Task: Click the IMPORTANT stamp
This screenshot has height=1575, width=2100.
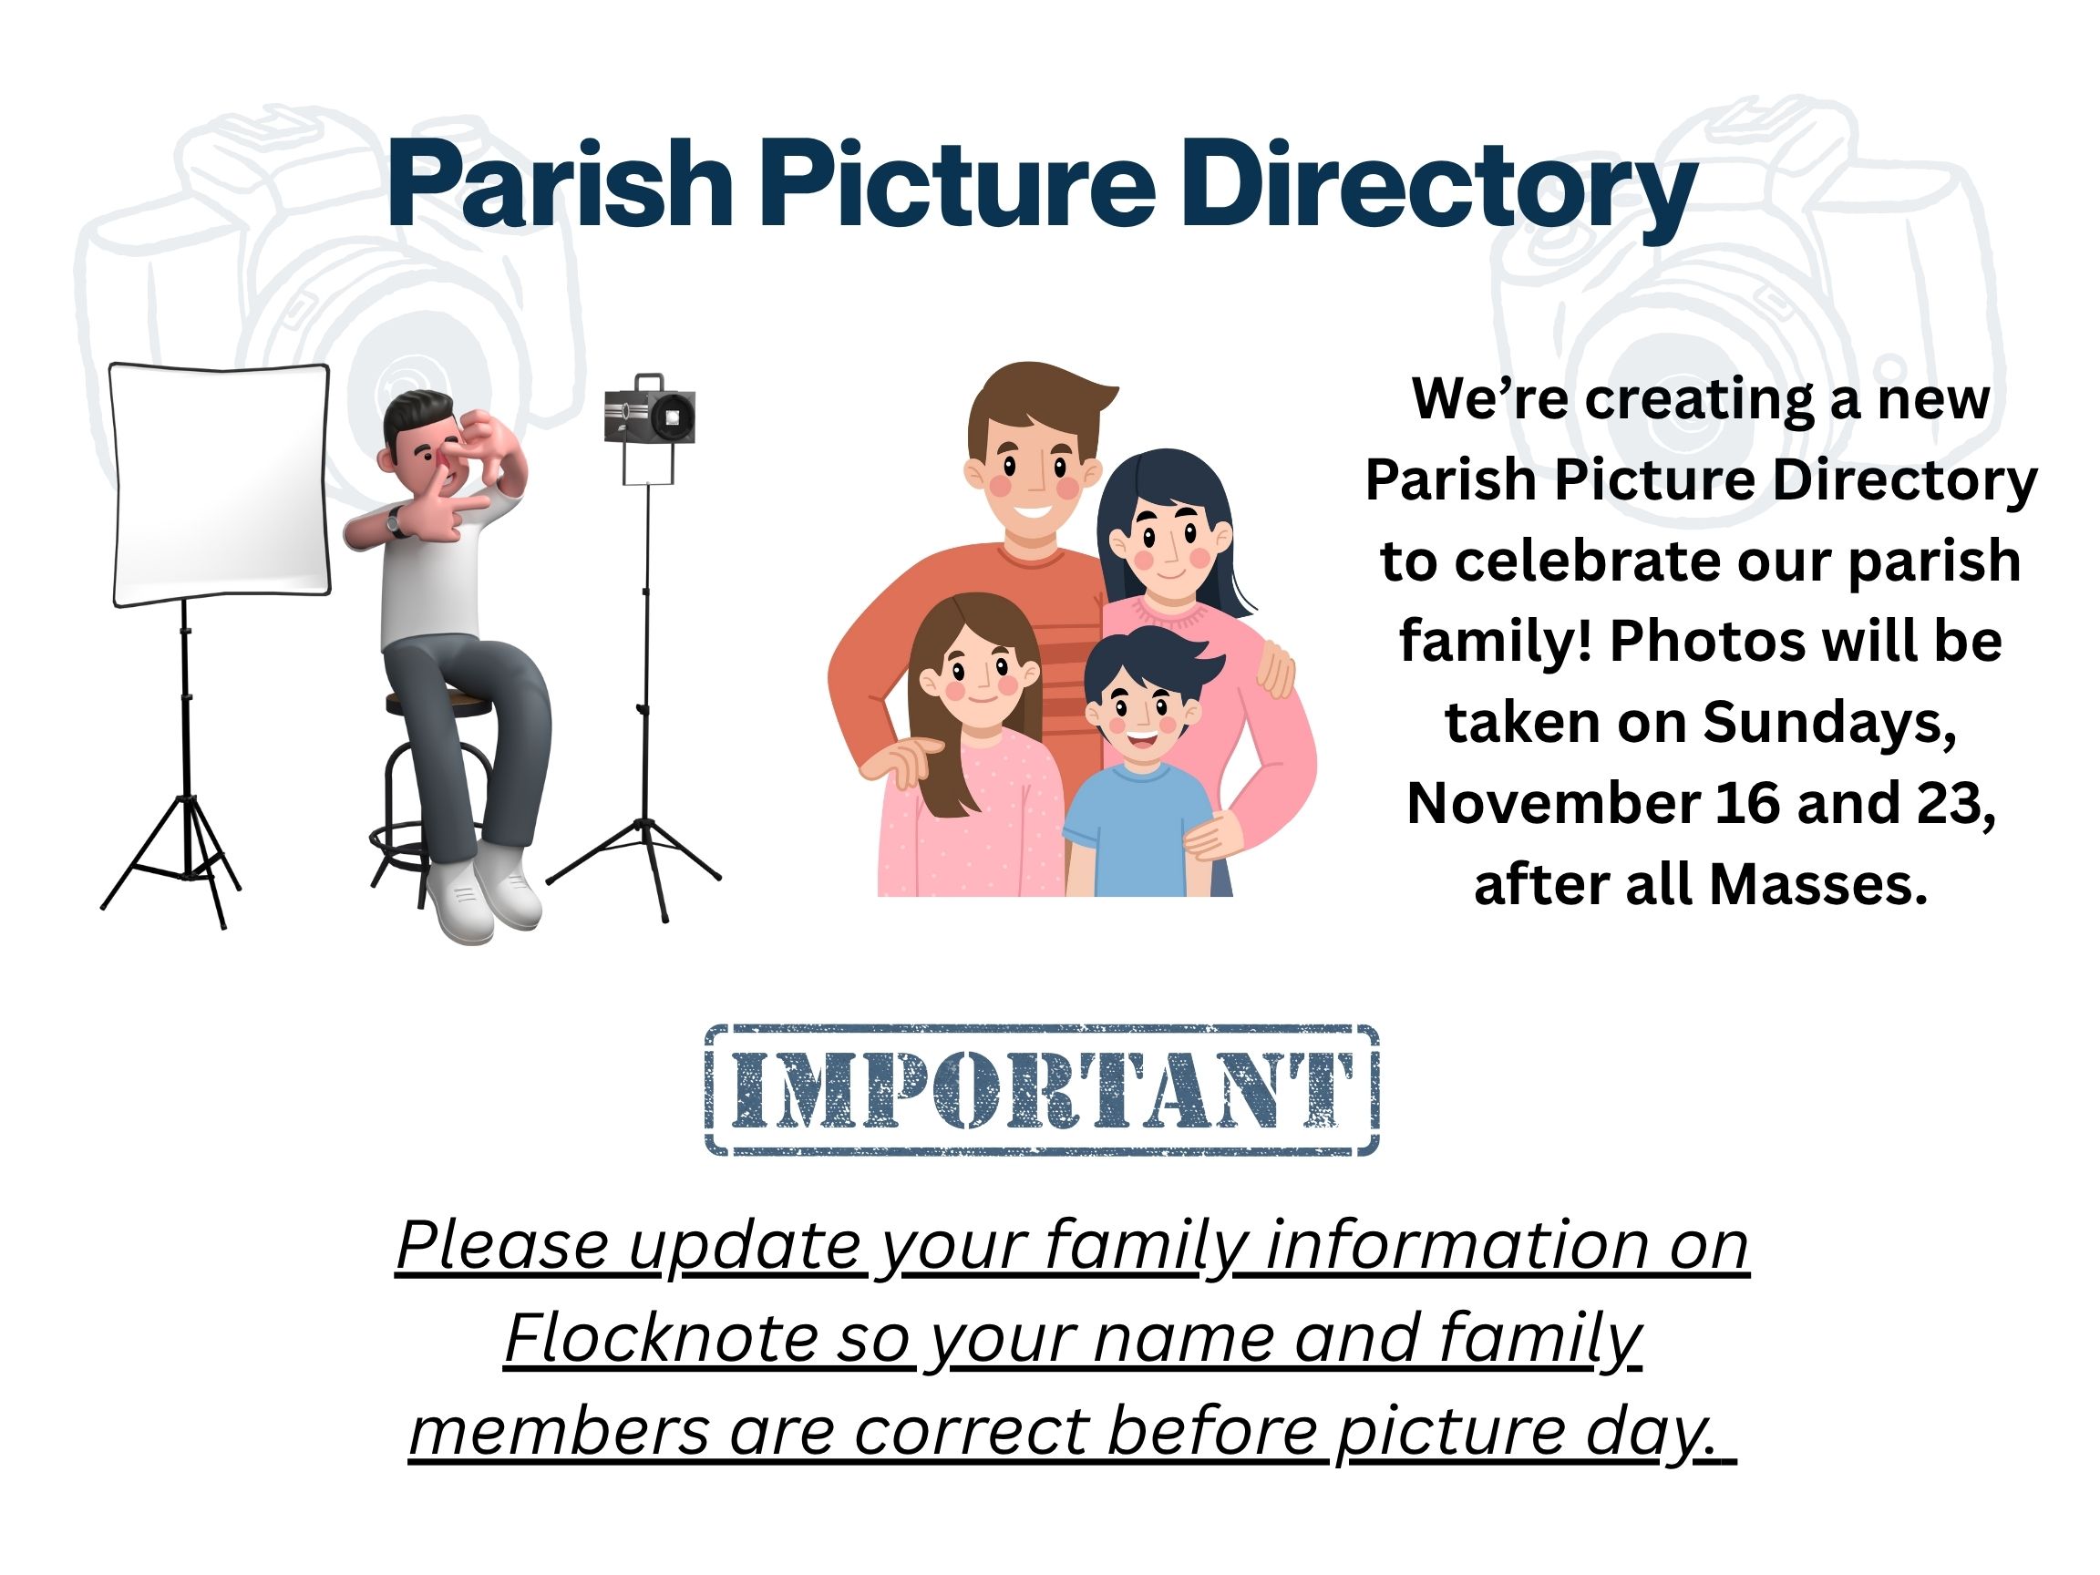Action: (1041, 1089)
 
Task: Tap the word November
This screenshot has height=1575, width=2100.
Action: (1553, 803)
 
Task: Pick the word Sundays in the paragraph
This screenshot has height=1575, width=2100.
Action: (1828, 724)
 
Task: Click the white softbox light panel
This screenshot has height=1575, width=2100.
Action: (221, 483)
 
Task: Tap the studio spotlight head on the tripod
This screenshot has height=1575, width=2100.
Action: (650, 410)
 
